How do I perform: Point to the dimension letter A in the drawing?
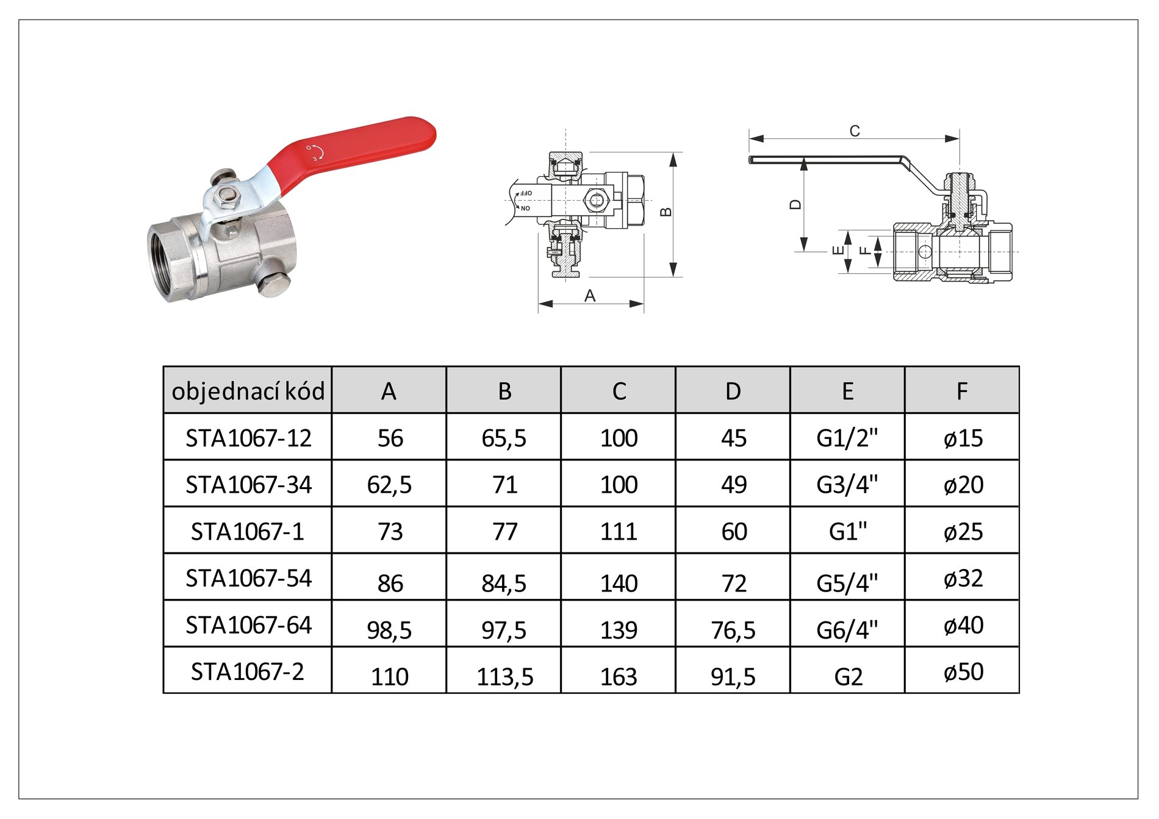pyautogui.click(x=589, y=296)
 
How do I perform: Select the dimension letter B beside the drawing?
pyautogui.click(x=666, y=212)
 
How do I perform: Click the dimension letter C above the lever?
pyautogui.click(x=855, y=131)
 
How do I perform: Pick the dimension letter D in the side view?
pyautogui.click(x=795, y=204)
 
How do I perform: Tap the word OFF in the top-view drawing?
pyautogui.click(x=525, y=193)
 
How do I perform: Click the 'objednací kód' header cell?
pyautogui.click(x=248, y=390)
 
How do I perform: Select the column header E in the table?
pyautogui.click(x=847, y=390)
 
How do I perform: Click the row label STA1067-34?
pyautogui.click(x=248, y=485)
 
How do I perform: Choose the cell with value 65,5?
pyautogui.click(x=504, y=438)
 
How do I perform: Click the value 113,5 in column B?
pyautogui.click(x=504, y=677)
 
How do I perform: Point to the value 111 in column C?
pyautogui.click(x=619, y=532)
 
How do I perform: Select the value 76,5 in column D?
pyautogui.click(x=733, y=630)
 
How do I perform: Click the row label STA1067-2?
pyautogui.click(x=247, y=671)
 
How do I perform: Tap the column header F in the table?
pyautogui.click(x=962, y=390)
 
